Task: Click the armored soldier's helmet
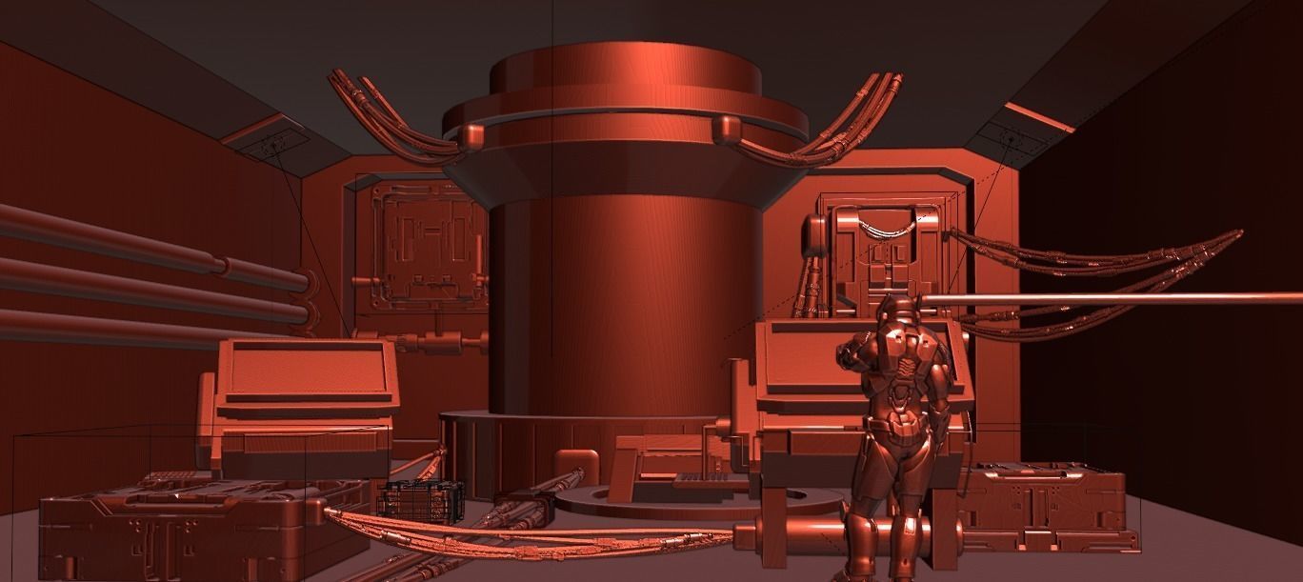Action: (x=896, y=310)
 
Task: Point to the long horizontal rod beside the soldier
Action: (x=1105, y=299)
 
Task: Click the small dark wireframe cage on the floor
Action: (x=421, y=499)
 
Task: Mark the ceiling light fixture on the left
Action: (x=271, y=145)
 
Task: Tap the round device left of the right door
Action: (x=813, y=234)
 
